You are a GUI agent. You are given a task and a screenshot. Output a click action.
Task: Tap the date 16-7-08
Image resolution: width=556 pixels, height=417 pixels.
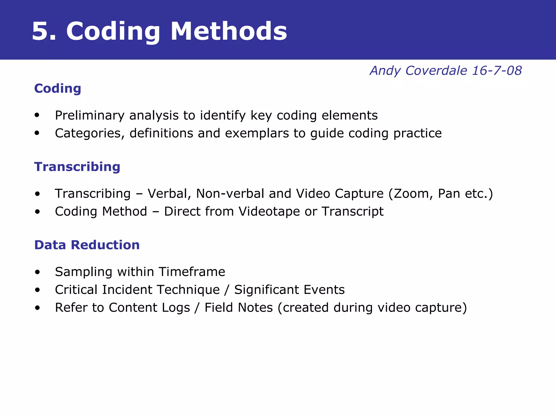click(497, 71)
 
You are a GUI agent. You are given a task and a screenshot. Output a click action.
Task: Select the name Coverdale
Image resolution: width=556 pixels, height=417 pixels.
click(436, 71)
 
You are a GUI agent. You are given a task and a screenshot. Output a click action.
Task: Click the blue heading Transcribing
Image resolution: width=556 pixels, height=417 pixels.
click(77, 167)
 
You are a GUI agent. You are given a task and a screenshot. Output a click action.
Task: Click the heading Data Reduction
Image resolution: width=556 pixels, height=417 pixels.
click(87, 245)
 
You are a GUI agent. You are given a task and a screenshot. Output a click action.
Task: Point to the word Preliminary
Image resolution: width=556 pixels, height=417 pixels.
click(90, 116)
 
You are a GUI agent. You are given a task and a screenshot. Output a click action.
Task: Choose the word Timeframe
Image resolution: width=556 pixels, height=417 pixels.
click(192, 272)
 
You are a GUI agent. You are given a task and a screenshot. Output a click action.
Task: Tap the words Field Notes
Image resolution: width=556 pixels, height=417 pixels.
click(238, 308)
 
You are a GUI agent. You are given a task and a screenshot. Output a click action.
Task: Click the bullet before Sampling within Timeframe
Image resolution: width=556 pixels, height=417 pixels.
click(37, 272)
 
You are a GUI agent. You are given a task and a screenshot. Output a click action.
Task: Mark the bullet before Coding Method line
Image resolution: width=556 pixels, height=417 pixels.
click(37, 212)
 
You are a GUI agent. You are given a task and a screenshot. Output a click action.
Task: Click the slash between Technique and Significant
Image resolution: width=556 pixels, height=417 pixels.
click(227, 290)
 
